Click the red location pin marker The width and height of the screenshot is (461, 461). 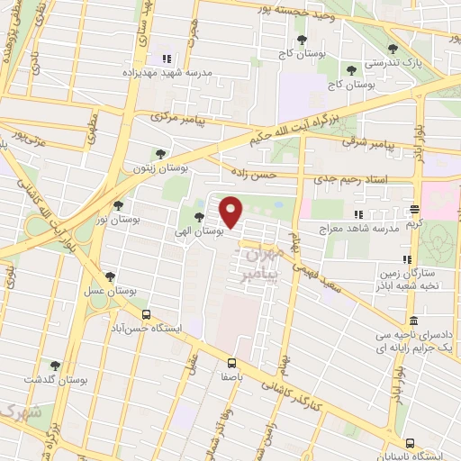(x=231, y=212)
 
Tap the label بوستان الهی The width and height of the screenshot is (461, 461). (x=203, y=231)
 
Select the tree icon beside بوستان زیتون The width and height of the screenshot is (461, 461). (x=160, y=154)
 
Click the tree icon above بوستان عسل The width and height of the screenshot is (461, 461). (x=110, y=276)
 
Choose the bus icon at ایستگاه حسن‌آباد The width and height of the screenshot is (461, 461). (x=147, y=314)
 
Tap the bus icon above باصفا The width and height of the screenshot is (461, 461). (x=232, y=363)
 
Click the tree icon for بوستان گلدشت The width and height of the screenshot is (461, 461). (x=56, y=366)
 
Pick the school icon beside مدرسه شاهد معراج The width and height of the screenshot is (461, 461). (x=358, y=214)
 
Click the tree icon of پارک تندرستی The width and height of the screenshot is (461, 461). (x=391, y=50)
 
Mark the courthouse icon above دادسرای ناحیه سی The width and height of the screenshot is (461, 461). (x=412, y=321)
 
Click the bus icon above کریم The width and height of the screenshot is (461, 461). (x=414, y=209)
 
